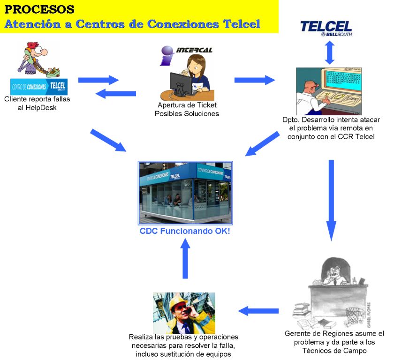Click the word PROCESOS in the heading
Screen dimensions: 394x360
pyautogui.click(x=39, y=9)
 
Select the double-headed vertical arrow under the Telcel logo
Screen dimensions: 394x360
pyautogui.click(x=329, y=52)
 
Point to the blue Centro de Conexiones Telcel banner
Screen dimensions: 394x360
pyautogui.click(x=39, y=87)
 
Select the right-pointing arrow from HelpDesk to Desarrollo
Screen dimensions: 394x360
pyautogui.click(x=255, y=80)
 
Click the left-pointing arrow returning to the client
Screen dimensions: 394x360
pyautogui.click(x=115, y=94)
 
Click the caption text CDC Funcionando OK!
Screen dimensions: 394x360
pyautogui.click(x=185, y=231)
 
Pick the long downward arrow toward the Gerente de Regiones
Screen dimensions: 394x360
pyautogui.click(x=331, y=200)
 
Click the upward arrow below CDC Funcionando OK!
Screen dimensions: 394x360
pyautogui.click(x=185, y=258)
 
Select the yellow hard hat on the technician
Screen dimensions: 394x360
pyautogui.click(x=177, y=301)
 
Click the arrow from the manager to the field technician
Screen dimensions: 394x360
pyautogui.click(x=258, y=311)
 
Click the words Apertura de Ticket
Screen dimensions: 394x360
pyautogui.click(x=187, y=105)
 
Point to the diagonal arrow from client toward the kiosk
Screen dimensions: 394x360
pyautogui.click(x=108, y=140)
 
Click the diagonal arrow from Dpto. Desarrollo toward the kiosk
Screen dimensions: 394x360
pyautogui.click(x=262, y=143)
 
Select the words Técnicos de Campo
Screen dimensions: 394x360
pyautogui.click(x=334, y=351)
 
